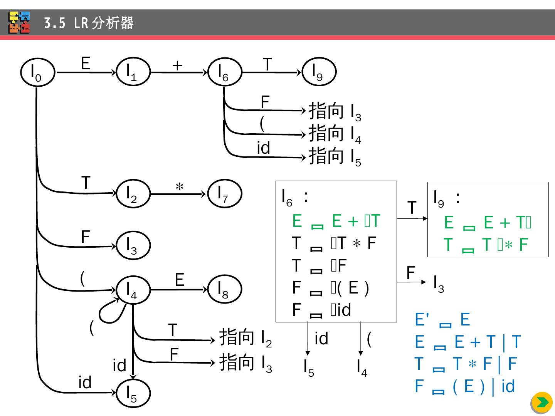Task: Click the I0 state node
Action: pos(37,72)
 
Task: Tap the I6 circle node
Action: pos(224,72)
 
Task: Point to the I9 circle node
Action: pos(319,72)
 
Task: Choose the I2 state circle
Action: pos(133,194)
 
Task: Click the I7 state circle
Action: pos(224,193)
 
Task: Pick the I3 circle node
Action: pos(133,245)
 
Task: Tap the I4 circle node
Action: pos(133,290)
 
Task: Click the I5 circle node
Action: pos(133,393)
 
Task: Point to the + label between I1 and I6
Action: pos(177,65)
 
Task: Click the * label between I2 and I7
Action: pos(179,188)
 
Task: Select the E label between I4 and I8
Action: pos(179,280)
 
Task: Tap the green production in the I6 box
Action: pos(336,221)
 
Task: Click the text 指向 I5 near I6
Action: pos(335,157)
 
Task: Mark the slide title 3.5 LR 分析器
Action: pos(89,23)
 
